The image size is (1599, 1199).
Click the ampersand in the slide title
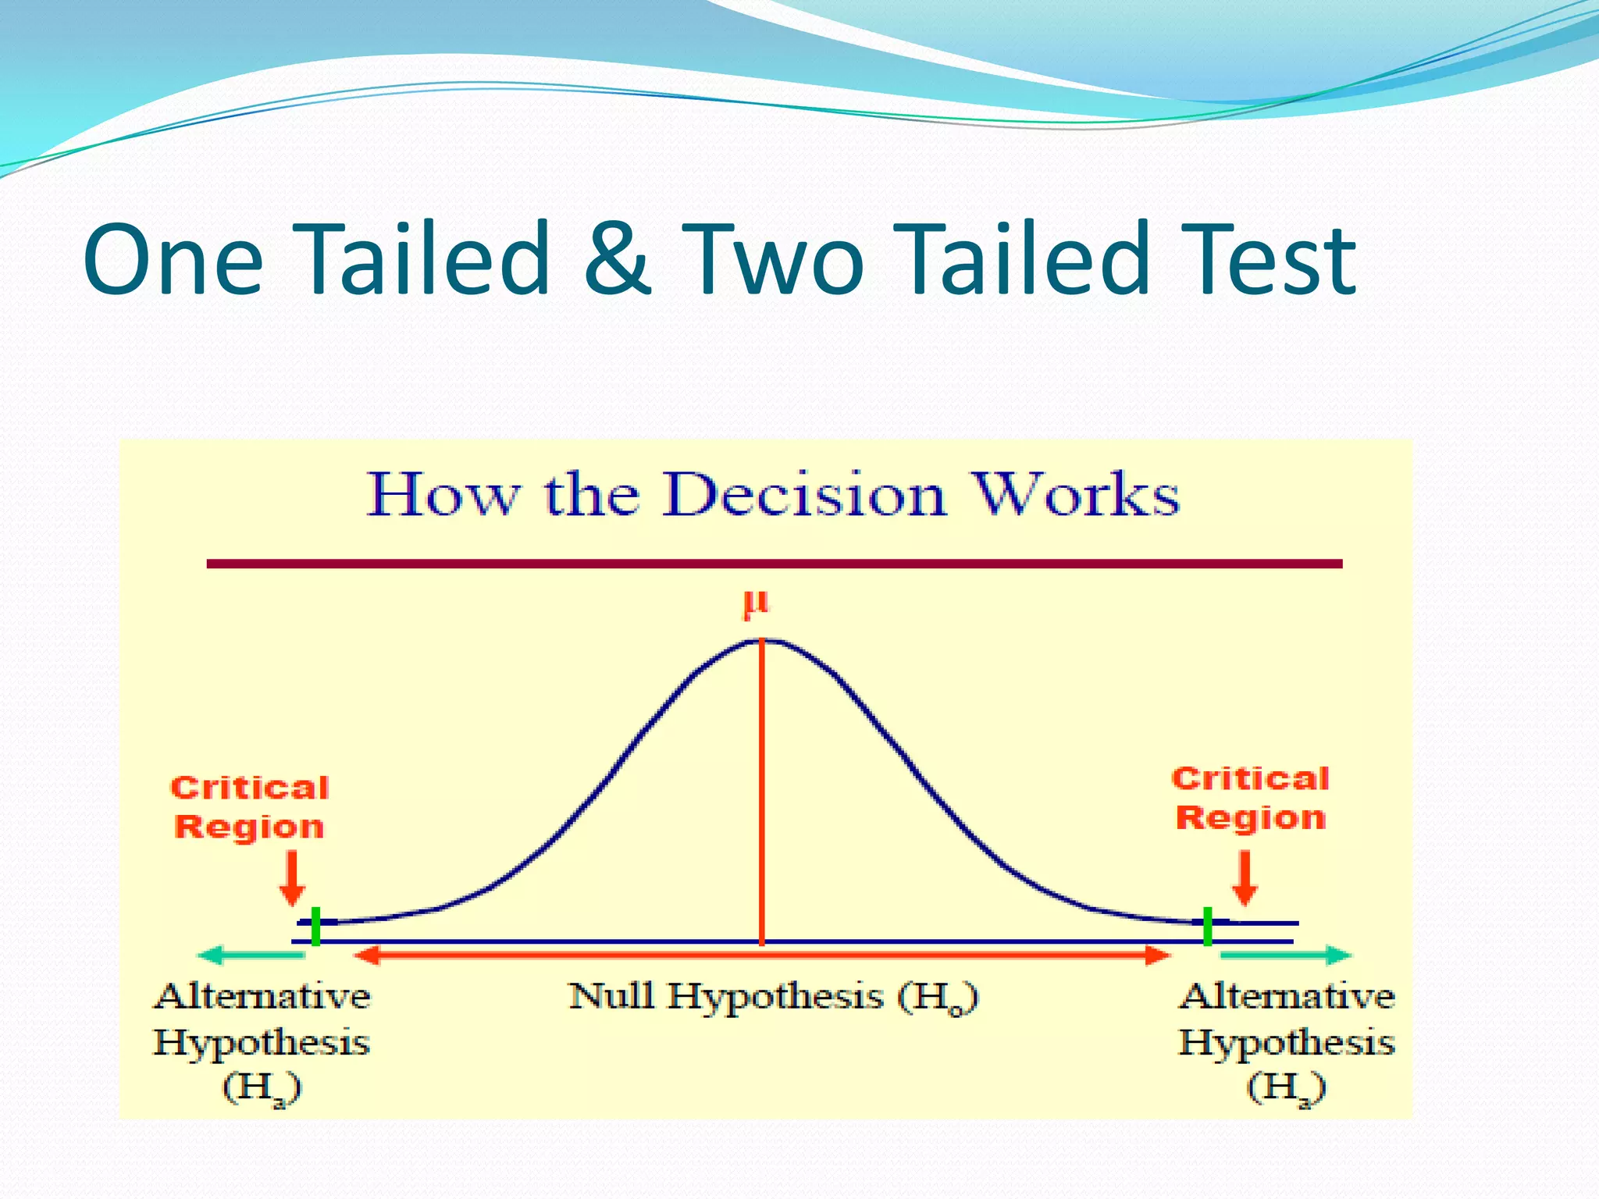[x=617, y=259]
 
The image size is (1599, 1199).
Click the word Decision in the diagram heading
[x=804, y=495]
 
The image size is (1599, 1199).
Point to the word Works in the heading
[x=1077, y=495]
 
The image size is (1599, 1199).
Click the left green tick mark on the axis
[x=315, y=927]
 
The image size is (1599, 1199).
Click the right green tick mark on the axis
[x=1207, y=927]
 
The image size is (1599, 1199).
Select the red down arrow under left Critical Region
[x=292, y=878]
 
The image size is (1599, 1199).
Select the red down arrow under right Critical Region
[x=1245, y=878]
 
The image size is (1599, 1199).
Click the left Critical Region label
[x=250, y=807]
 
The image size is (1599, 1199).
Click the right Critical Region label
[x=1250, y=798]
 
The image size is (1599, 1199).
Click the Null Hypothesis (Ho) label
[x=773, y=998]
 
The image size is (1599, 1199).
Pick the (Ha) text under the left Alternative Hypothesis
[x=262, y=1088]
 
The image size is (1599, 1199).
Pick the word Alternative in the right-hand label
[x=1286, y=997]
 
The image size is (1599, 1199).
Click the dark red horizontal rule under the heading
[x=773, y=564]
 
